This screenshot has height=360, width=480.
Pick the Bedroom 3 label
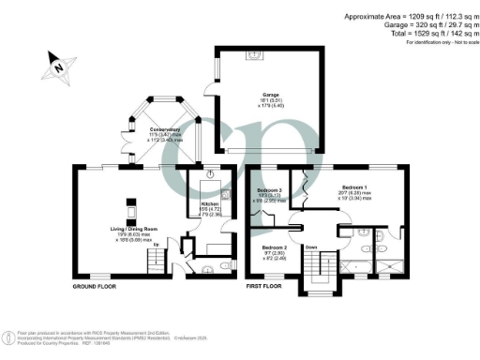tap(271, 191)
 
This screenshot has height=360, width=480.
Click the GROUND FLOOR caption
tap(96, 284)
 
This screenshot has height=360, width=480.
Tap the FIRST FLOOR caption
tap(267, 284)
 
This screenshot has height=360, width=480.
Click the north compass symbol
tap(56, 67)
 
